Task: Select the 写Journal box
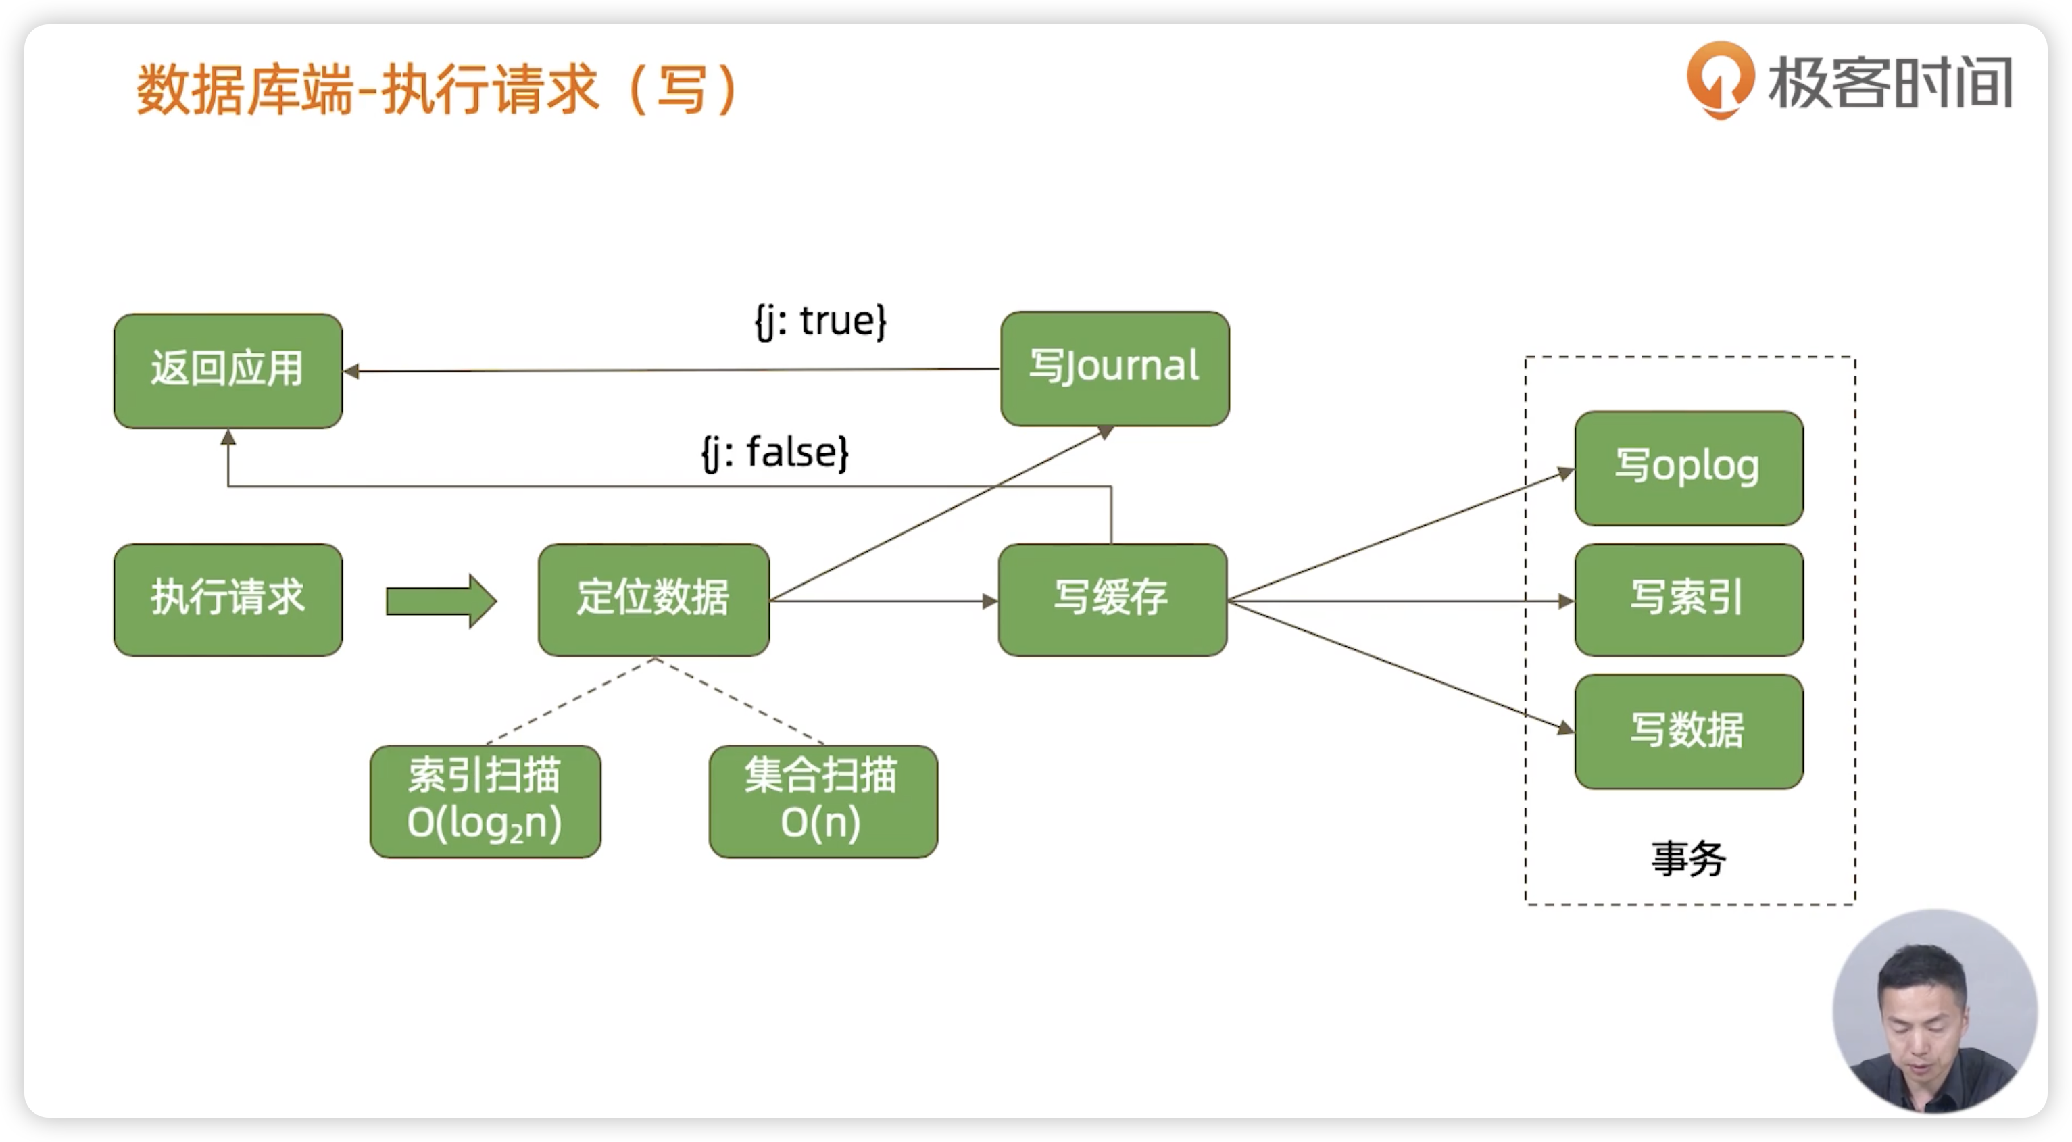(x=1115, y=368)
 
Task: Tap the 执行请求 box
(x=228, y=600)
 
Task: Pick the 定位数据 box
(x=653, y=600)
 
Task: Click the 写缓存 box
(x=1112, y=600)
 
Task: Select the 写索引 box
(x=1688, y=600)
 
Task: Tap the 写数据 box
(x=1688, y=731)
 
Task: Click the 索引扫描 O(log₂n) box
(x=485, y=801)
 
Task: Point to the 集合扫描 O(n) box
(x=823, y=801)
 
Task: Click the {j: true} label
(x=820, y=322)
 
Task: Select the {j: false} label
(x=775, y=453)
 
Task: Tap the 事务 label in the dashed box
(x=1688, y=859)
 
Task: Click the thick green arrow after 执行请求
(x=441, y=601)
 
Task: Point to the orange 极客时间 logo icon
(x=1720, y=79)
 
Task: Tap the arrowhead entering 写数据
(x=1566, y=728)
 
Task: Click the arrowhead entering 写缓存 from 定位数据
(x=990, y=601)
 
